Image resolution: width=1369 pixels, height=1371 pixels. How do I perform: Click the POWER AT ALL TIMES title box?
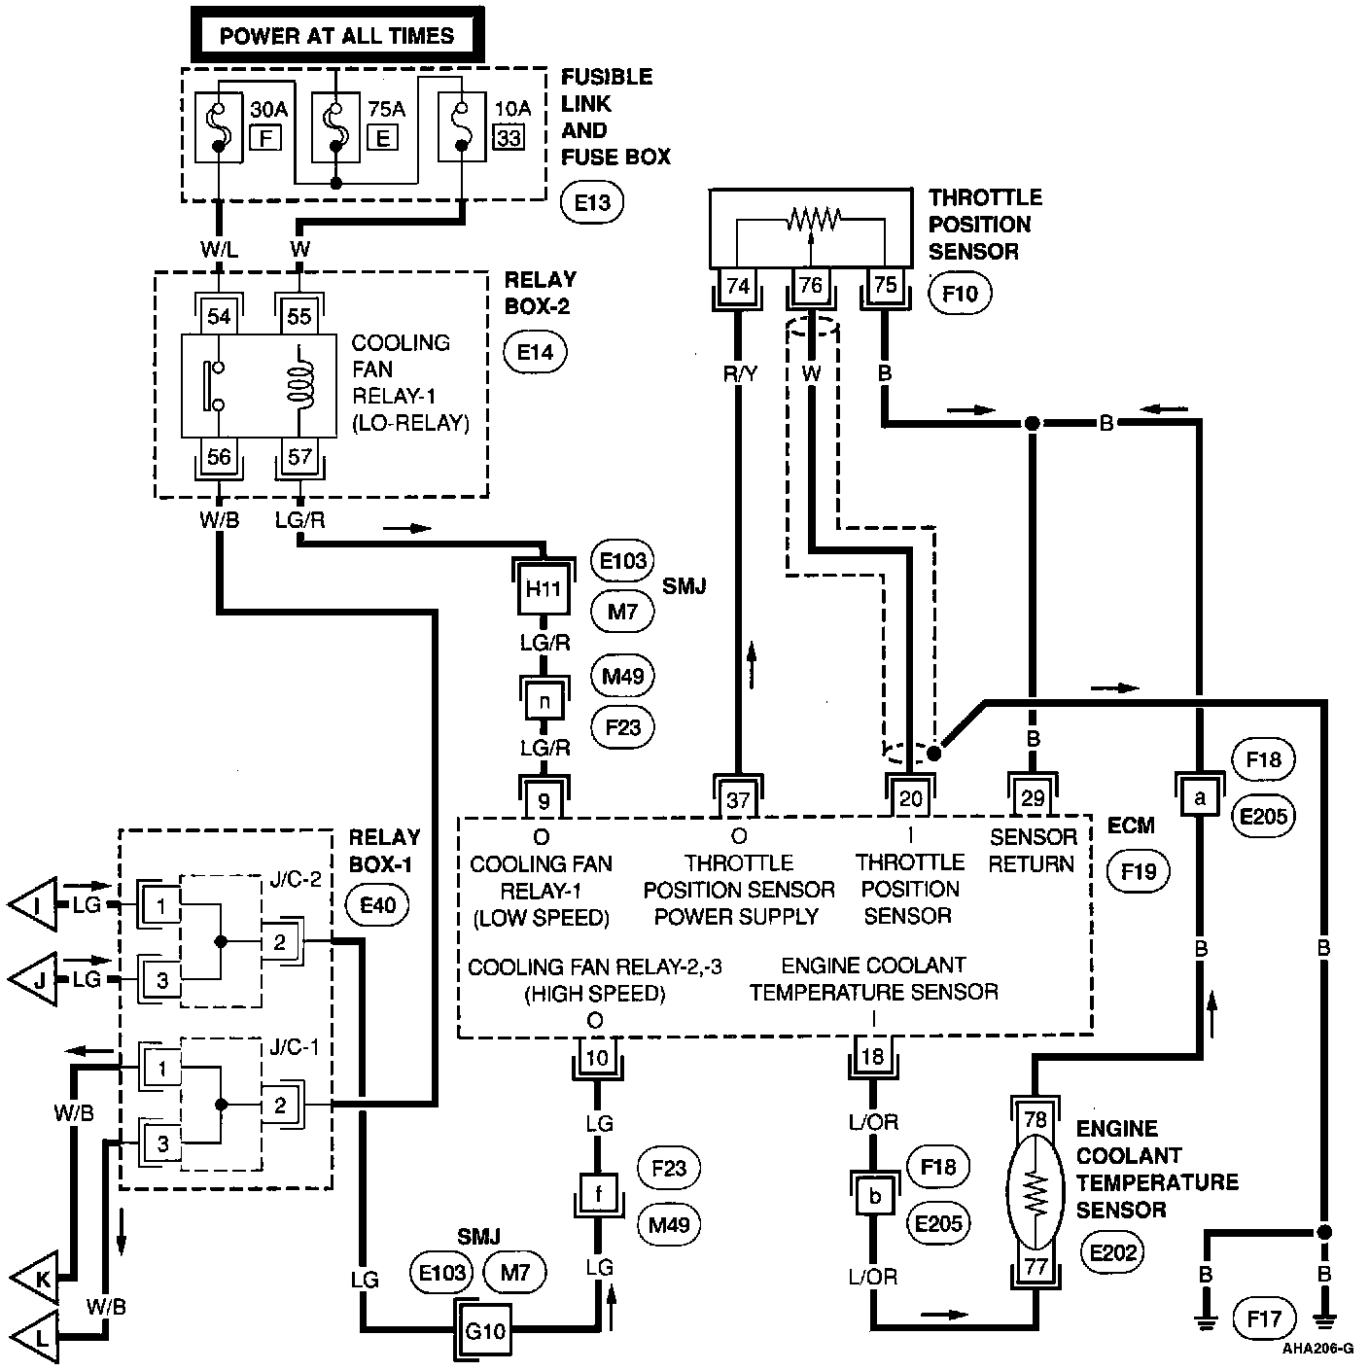tap(336, 36)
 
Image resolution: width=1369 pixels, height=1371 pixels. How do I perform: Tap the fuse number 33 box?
tap(508, 137)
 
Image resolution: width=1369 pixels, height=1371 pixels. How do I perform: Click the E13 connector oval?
tap(592, 202)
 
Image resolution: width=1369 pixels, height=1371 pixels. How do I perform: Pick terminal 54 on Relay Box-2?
tap(220, 316)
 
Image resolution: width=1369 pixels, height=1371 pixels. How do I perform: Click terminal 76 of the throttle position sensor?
tap(810, 285)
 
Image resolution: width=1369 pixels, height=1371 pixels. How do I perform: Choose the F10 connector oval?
tap(960, 293)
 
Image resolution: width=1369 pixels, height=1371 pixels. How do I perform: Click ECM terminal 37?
tap(738, 799)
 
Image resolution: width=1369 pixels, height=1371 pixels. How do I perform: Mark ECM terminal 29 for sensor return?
tap(1033, 798)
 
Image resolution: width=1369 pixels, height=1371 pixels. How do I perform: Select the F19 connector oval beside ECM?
tap(1139, 871)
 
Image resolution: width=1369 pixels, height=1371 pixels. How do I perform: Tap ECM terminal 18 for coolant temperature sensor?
tap(873, 1056)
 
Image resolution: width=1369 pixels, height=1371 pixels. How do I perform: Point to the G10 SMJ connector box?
tap(484, 1330)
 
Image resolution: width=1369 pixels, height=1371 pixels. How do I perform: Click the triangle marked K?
tap(35, 1281)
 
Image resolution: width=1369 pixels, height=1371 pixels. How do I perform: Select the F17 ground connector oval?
tap(1264, 1318)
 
